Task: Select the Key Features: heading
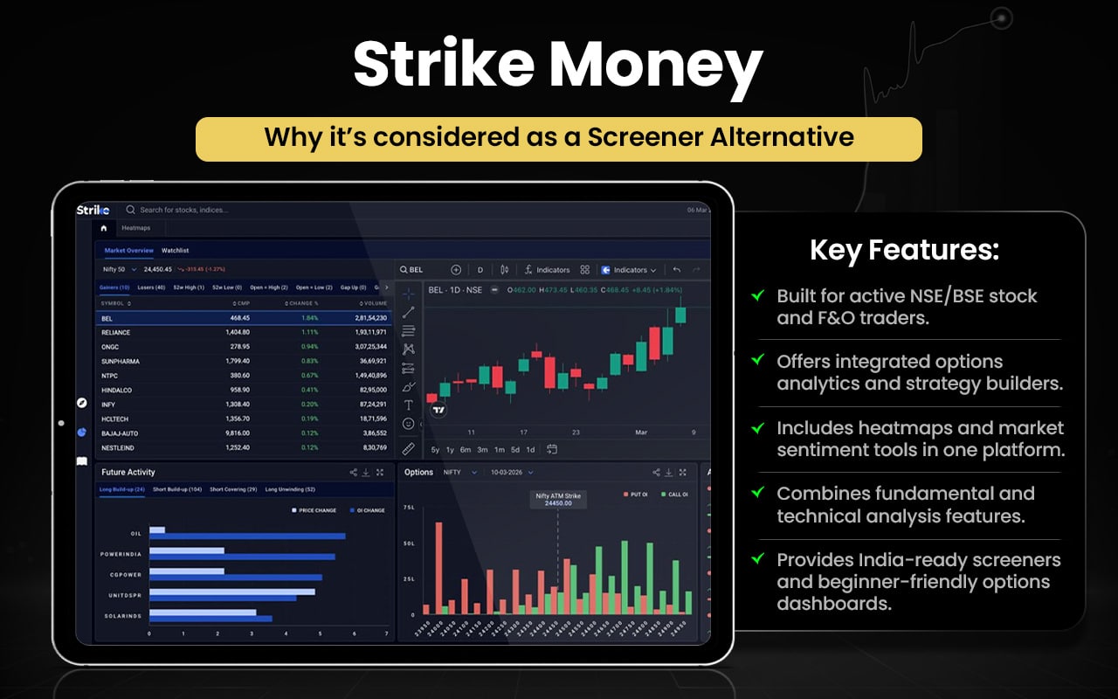[x=904, y=251]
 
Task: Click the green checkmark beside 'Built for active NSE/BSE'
[x=758, y=295]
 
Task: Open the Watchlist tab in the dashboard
[x=175, y=251]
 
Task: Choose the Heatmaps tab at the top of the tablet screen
[x=135, y=228]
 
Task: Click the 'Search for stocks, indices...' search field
[x=183, y=210]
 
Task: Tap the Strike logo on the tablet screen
[x=93, y=210]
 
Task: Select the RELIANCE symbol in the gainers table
[x=115, y=332]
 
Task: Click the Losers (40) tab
[x=152, y=287]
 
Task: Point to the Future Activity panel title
[x=128, y=472]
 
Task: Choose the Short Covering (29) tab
[x=233, y=489]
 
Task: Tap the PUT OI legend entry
[x=637, y=495]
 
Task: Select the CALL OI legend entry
[x=677, y=495]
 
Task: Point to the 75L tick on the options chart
[x=408, y=507]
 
